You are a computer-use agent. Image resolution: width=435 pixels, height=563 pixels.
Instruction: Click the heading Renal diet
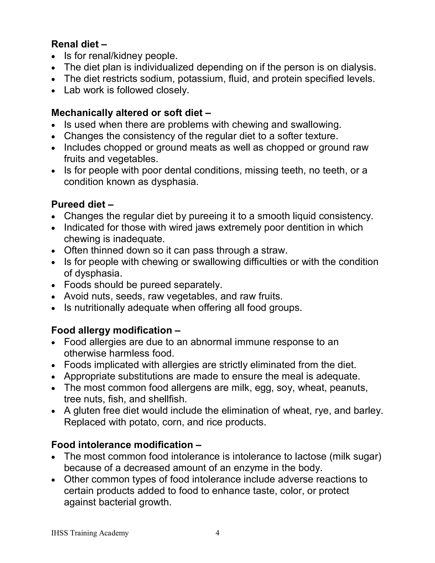click(x=79, y=44)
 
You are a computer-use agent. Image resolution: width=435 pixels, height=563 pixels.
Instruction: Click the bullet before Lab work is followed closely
click(x=53, y=91)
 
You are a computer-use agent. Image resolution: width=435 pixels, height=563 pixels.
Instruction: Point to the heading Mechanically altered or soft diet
click(x=131, y=113)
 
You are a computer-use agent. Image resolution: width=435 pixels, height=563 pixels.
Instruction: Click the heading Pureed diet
click(x=82, y=204)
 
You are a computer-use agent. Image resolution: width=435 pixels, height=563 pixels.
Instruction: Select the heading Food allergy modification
click(x=116, y=331)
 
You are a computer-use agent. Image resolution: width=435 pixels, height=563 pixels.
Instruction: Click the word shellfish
click(x=168, y=399)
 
